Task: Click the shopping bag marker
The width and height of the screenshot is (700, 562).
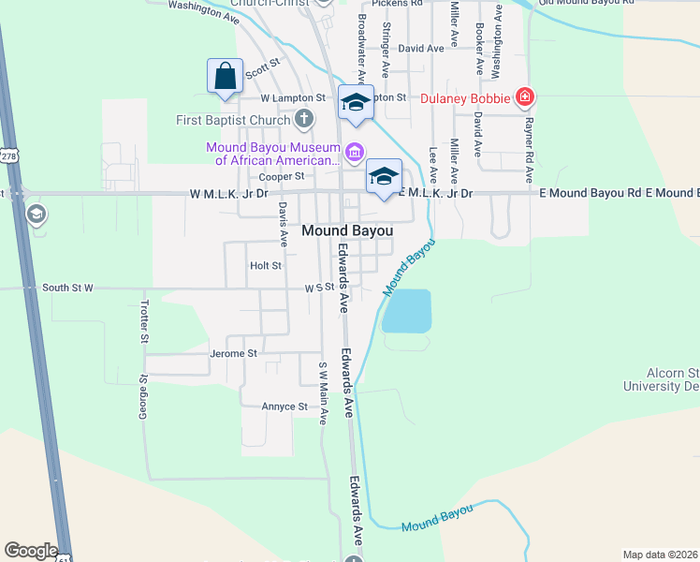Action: (226, 77)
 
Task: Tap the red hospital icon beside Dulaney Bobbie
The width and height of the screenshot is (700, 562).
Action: (525, 96)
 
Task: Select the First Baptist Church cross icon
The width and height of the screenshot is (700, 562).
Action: (303, 119)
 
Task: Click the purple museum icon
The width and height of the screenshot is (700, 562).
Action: (354, 152)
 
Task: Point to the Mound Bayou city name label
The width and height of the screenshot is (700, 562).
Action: (346, 230)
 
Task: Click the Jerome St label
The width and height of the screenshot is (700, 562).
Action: (234, 353)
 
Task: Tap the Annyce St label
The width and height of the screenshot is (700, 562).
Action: (284, 407)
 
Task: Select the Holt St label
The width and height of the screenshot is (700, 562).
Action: (266, 266)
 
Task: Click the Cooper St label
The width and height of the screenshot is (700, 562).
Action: (282, 175)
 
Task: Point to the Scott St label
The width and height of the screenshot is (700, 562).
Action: (262, 67)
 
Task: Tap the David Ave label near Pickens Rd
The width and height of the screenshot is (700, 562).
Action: (420, 48)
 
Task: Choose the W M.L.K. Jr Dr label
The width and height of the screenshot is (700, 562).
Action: (228, 193)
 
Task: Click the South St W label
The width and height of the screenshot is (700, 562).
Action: (67, 288)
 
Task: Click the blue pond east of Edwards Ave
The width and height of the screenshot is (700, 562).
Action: (407, 310)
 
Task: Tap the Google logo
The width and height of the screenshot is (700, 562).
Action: (31, 551)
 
